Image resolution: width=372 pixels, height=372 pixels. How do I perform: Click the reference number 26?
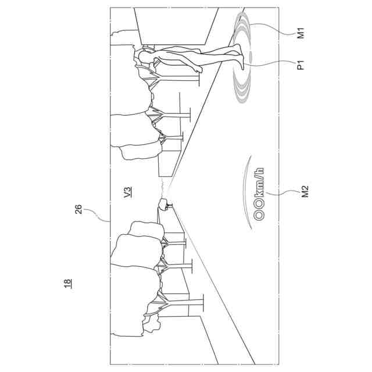78,209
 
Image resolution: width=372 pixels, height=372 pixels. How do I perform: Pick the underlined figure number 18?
68,284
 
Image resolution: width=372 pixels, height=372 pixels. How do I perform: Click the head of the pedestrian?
142,57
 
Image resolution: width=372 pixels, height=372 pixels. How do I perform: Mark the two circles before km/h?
260,213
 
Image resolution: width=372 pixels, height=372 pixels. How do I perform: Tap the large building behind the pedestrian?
174,26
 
